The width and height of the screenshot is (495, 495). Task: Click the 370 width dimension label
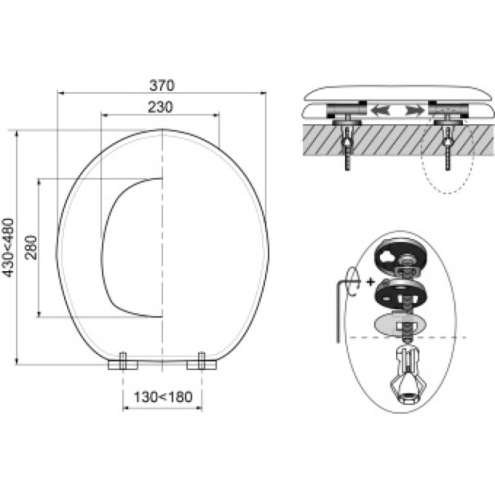click(x=161, y=85)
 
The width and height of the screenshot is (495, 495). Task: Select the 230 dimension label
click(x=161, y=107)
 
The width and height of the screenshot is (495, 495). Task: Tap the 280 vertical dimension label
click(x=31, y=247)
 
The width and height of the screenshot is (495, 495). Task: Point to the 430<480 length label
click(x=8, y=247)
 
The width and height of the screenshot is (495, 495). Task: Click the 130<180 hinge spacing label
click(x=163, y=397)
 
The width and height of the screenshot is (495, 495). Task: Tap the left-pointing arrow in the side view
click(x=380, y=110)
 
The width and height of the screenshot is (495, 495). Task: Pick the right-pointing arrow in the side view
click(x=415, y=110)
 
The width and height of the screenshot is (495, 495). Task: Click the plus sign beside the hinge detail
click(x=371, y=282)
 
